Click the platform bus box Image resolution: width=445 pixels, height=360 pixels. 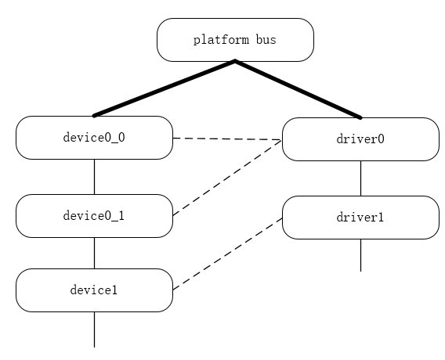click(235, 40)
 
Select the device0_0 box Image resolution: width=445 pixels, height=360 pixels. click(94, 138)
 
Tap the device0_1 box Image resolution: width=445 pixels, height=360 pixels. click(94, 216)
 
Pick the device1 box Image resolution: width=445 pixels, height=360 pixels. click(94, 290)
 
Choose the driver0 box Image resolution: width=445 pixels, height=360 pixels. click(360, 139)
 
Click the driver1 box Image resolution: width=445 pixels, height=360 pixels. click(360, 218)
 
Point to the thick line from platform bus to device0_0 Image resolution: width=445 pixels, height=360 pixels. click(165, 88)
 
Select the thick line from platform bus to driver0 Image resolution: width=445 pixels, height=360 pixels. click(298, 89)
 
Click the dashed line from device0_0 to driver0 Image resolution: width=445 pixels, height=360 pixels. click(227, 139)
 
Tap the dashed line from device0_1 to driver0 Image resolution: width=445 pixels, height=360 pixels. click(227, 178)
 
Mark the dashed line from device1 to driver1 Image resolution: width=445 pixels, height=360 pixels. click(227, 254)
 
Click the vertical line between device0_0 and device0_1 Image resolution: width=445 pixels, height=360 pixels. click(94, 177)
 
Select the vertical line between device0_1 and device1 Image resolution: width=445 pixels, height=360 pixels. click(94, 253)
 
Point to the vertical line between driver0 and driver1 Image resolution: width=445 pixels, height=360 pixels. click(360, 178)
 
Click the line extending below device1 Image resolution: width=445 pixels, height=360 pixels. click(94, 329)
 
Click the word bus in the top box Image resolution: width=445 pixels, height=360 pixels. click(265, 40)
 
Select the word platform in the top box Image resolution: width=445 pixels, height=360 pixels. click(222, 40)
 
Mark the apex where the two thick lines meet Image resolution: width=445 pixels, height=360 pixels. click(235, 62)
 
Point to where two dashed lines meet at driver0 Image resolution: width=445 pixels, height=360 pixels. click(281, 141)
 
